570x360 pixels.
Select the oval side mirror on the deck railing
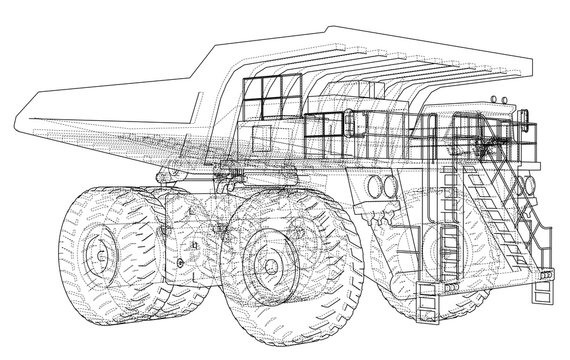pos(351,125)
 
